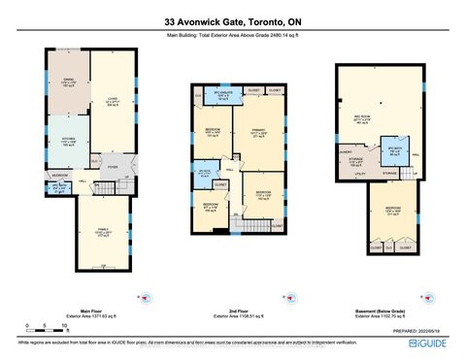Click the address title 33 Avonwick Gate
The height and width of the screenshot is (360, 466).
(x=232, y=21)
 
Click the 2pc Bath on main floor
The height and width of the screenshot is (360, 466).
(x=60, y=188)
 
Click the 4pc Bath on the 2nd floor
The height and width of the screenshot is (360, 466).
(x=204, y=174)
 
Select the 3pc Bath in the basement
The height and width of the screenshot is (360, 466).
(x=394, y=153)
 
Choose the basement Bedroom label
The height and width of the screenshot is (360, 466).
(x=394, y=213)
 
